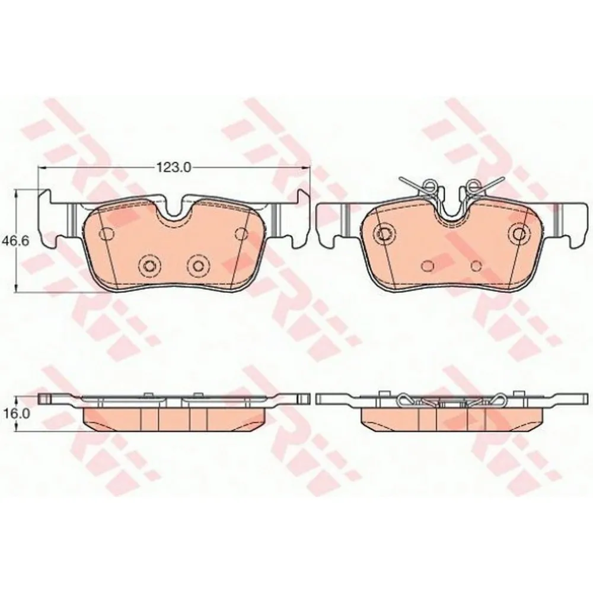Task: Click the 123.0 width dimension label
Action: [173, 168]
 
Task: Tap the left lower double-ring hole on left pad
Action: [148, 264]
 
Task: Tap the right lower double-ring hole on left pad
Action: [197, 264]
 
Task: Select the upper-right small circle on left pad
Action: [241, 233]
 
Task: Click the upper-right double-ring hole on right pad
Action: [520, 233]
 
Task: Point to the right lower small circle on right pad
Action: [476, 264]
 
